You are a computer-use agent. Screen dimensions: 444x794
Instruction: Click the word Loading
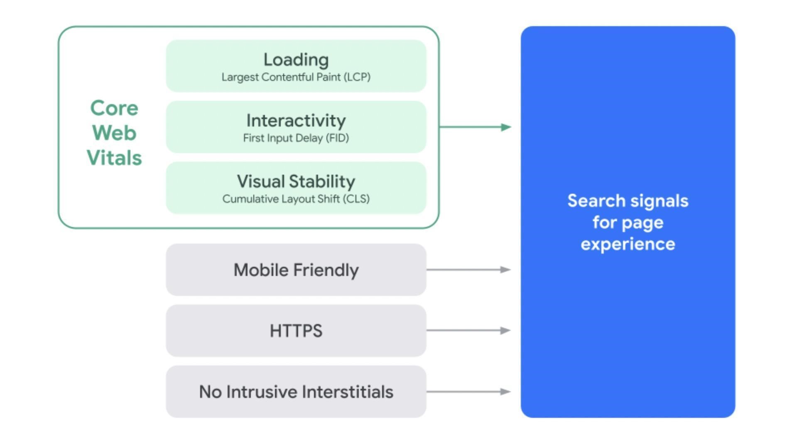(x=296, y=60)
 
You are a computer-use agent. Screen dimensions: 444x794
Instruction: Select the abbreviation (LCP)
(x=357, y=77)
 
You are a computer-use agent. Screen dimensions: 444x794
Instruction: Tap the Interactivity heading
(x=296, y=121)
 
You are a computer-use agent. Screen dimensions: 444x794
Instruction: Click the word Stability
(x=322, y=182)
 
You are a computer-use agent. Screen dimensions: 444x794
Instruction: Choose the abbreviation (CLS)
(x=356, y=199)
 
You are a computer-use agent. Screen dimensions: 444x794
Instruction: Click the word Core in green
(x=114, y=108)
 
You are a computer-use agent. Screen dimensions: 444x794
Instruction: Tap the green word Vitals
(x=114, y=158)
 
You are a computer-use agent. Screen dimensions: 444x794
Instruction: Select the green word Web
(x=114, y=133)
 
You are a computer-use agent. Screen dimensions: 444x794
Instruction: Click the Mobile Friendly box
(x=296, y=270)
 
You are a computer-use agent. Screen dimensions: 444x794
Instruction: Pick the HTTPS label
(x=296, y=331)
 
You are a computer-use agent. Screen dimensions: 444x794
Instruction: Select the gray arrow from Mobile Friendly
(x=468, y=270)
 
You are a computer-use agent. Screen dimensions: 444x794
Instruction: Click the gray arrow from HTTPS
(x=468, y=331)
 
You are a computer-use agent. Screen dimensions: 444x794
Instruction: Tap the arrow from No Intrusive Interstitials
(x=468, y=392)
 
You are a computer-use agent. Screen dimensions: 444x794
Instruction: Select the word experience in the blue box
(x=627, y=244)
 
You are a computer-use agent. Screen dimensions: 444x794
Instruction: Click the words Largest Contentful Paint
(x=281, y=77)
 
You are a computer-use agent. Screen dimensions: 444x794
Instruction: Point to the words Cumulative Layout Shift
(x=281, y=199)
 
